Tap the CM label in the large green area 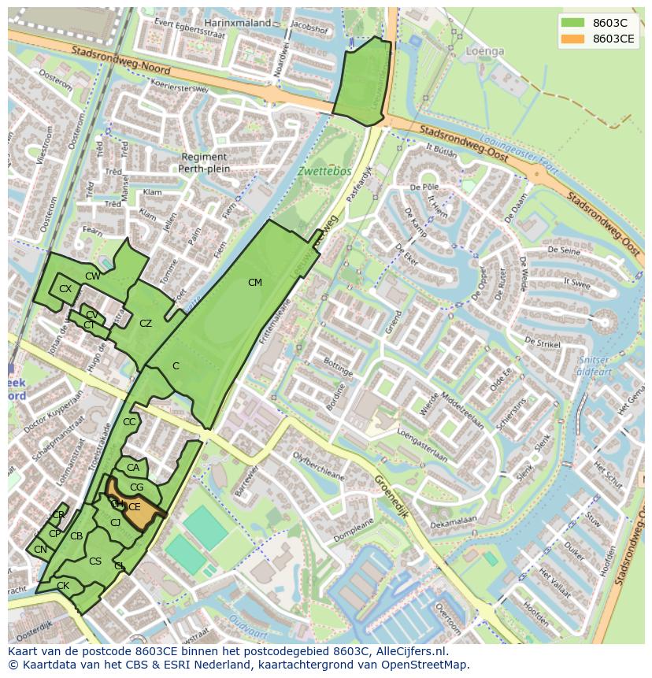click(x=254, y=283)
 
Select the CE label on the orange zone click(x=135, y=507)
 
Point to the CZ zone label click(x=146, y=324)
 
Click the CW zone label click(x=93, y=276)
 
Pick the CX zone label click(x=65, y=289)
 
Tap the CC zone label click(x=129, y=422)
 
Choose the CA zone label click(x=133, y=468)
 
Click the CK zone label click(x=63, y=586)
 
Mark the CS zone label click(x=95, y=561)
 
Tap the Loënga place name click(x=484, y=51)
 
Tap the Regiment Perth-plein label click(x=204, y=163)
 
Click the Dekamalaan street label click(x=454, y=521)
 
